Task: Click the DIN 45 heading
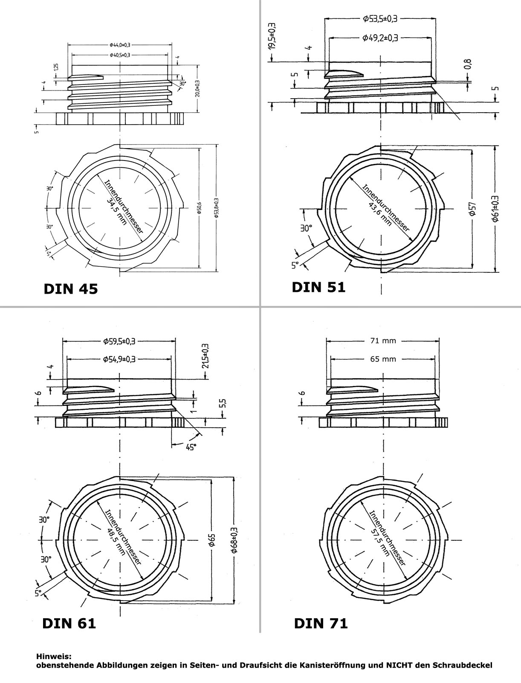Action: click(x=71, y=289)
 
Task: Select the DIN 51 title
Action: click(x=318, y=287)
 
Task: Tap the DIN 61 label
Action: click(x=69, y=623)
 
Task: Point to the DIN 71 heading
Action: click(x=321, y=623)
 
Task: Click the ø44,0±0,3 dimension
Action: click(x=120, y=44)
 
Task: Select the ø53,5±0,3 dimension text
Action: click(x=380, y=18)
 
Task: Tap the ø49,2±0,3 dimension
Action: click(x=380, y=38)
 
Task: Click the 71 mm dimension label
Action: click(x=383, y=340)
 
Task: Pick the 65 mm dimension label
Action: click(x=383, y=359)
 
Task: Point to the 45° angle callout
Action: click(x=191, y=447)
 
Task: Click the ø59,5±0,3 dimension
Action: click(x=119, y=341)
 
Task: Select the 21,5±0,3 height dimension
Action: click(x=205, y=356)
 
